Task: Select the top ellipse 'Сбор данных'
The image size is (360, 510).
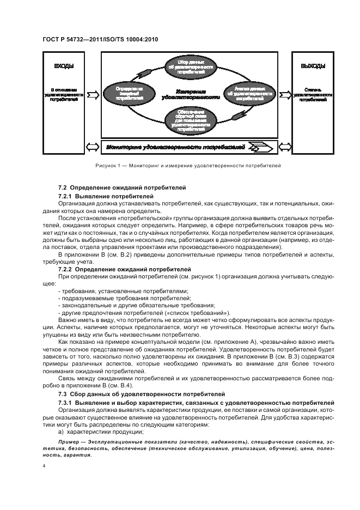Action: point(190,66)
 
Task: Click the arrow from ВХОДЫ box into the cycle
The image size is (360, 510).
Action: point(93,94)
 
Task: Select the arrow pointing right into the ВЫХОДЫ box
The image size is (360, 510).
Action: point(283,94)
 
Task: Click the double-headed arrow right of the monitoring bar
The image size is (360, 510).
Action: point(283,147)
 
